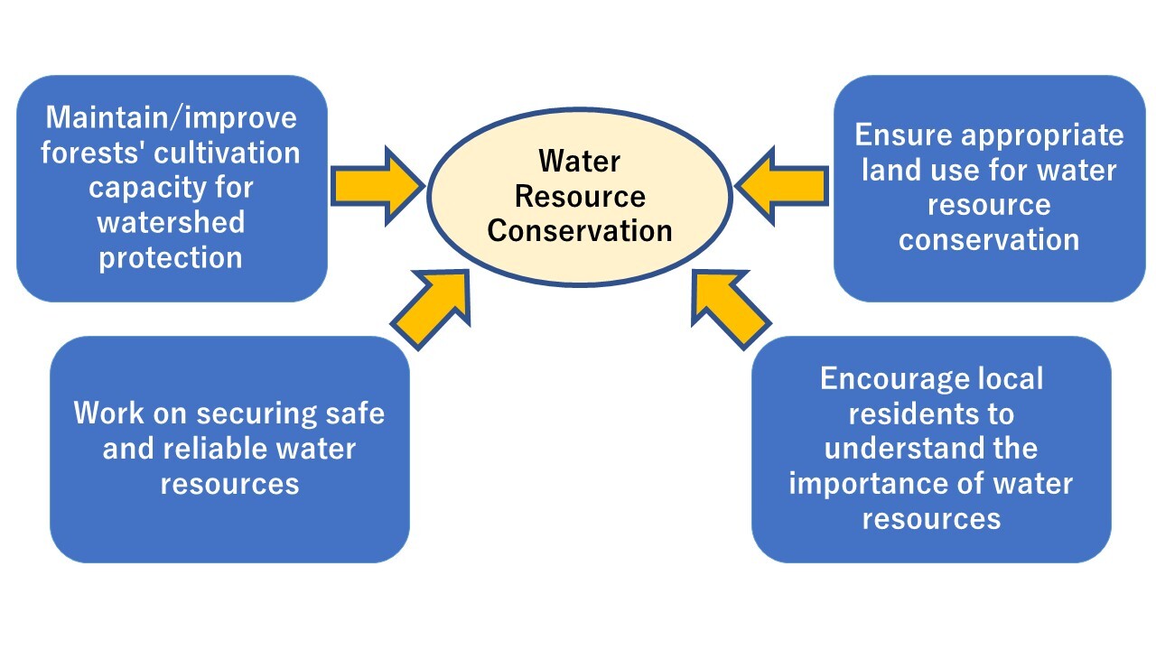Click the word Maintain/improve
click(172, 117)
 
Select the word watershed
click(172, 222)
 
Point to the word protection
click(172, 257)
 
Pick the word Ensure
click(903, 135)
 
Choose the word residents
click(931, 413)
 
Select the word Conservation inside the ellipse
click(580, 230)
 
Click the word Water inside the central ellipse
click(580, 162)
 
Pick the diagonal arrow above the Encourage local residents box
click(729, 308)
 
